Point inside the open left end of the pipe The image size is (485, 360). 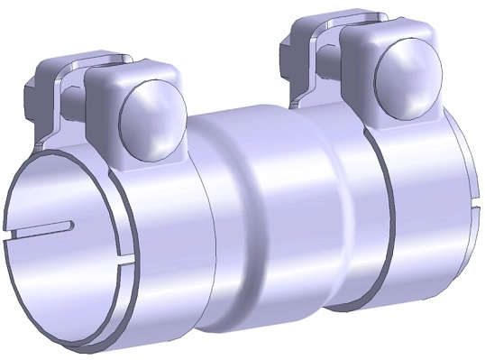tap(72, 253)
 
